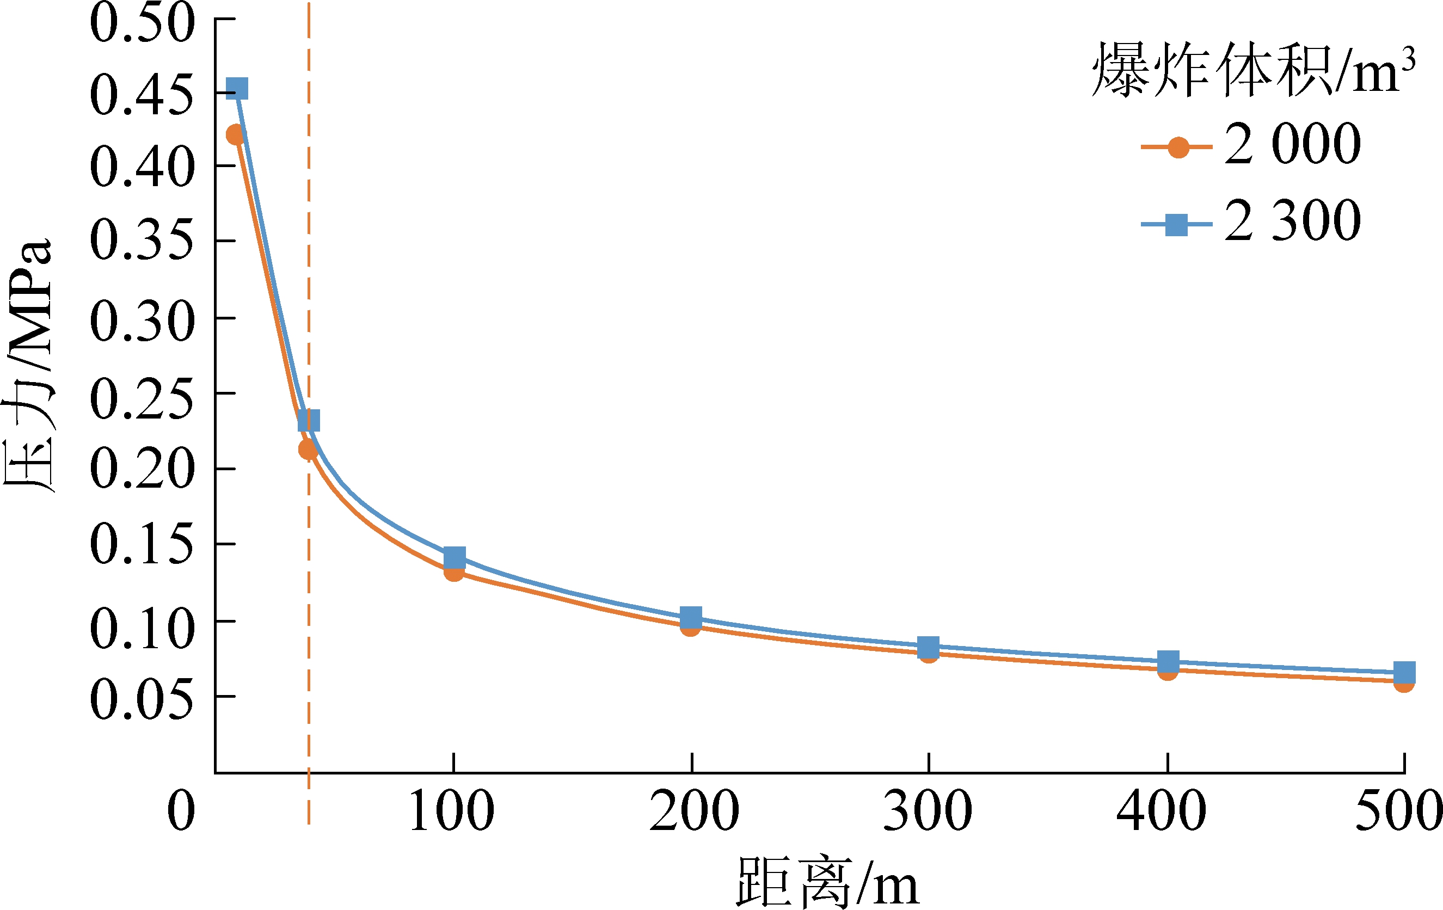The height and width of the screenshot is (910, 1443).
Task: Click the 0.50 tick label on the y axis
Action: tap(143, 23)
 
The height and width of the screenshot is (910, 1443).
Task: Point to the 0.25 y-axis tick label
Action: tap(143, 399)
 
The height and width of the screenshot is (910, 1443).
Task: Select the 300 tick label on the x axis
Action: tap(928, 811)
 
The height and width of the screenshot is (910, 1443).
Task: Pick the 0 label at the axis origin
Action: tap(181, 811)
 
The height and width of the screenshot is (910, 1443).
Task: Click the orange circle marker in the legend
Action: tap(1178, 147)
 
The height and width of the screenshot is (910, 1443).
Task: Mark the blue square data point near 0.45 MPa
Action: tap(237, 89)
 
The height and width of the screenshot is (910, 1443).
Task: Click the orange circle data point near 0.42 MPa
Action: tap(235, 135)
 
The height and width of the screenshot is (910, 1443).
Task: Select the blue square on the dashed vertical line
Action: tap(309, 421)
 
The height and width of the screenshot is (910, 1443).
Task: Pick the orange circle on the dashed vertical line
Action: tap(308, 450)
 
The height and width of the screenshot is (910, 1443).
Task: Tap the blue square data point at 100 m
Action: tap(454, 558)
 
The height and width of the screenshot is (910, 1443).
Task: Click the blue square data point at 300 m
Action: tap(928, 647)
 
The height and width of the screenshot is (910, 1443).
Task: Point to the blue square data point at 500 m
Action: tap(1404, 673)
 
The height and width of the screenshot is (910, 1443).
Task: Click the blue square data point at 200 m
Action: tap(691, 617)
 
